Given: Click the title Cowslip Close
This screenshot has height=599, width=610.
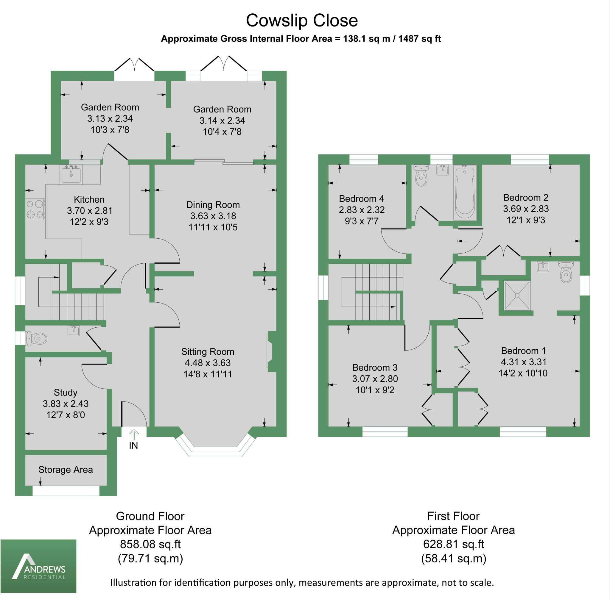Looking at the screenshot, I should point(302,21).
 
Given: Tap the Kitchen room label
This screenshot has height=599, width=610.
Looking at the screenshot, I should point(89,199).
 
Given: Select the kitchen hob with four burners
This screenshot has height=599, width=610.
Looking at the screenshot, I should point(35,209).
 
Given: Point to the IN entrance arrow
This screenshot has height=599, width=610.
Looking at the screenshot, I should point(133,435).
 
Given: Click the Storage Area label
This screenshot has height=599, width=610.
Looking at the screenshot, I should point(66,470).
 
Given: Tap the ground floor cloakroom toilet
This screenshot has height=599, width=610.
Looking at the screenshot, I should point(37,339).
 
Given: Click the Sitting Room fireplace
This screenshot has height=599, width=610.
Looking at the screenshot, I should point(270,351).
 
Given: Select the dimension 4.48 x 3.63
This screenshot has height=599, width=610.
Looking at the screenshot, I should point(208,363).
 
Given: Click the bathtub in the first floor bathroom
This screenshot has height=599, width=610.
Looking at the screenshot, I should point(465,193).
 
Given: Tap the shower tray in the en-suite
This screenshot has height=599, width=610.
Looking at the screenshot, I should point(517,295).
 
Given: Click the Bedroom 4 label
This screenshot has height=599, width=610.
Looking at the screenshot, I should point(361,199).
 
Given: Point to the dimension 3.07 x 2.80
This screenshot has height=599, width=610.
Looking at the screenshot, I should point(375,379).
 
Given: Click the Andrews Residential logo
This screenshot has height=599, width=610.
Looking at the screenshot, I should point(38,566).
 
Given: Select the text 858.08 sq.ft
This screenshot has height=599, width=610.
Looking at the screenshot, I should point(150,544).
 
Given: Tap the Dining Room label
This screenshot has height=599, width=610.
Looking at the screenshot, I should point(213,205).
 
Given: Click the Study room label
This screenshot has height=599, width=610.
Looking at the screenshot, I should point(66,392).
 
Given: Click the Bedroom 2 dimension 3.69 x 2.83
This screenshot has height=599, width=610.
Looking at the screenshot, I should point(526,209).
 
